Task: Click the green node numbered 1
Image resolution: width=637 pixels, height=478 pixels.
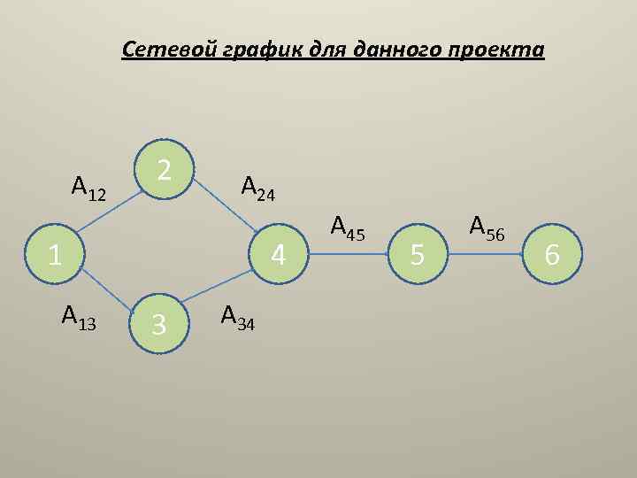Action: click(56, 255)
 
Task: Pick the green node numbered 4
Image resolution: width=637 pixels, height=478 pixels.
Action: click(278, 255)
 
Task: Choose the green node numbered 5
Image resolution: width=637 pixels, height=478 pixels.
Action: click(419, 255)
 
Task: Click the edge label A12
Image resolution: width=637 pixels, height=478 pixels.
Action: click(88, 188)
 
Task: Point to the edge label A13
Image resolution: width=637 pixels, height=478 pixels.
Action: click(79, 315)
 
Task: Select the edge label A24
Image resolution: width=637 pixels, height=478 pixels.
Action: click(258, 188)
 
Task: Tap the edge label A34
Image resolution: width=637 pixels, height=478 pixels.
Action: click(238, 316)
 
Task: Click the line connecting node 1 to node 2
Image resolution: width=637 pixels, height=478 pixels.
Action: click(110, 212)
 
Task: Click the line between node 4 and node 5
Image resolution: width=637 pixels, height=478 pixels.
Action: click(349, 255)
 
